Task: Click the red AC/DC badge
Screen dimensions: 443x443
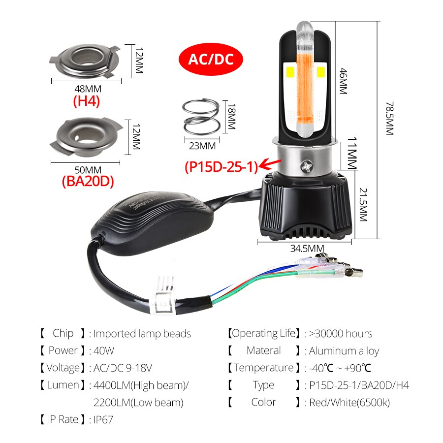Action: pos(210,60)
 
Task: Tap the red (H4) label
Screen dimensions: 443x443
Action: pos(86,101)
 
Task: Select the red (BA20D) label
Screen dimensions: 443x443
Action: pos(88,181)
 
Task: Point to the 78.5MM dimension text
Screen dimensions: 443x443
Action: pos(390,118)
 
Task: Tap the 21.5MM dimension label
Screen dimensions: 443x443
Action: pos(363,204)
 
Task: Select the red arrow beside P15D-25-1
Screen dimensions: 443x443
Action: pos(271,163)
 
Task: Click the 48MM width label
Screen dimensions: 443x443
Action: pos(86,89)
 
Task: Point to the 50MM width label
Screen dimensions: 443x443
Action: pos(86,170)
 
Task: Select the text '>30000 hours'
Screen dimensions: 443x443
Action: pos(341,334)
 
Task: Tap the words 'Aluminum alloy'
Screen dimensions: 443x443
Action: pos(344,351)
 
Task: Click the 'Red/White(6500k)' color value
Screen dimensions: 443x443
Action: pos(349,403)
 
